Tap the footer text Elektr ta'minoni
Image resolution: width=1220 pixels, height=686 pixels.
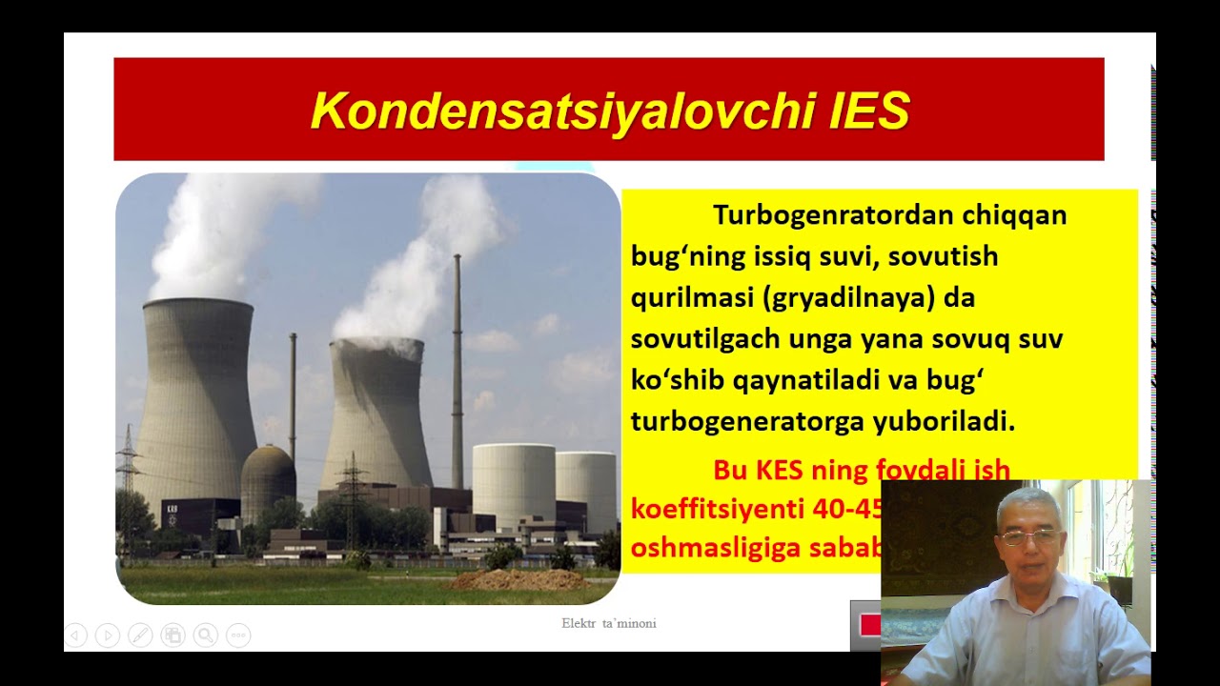(x=608, y=623)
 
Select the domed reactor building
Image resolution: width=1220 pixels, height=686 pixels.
(x=268, y=481)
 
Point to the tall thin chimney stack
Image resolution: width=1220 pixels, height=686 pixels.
(x=457, y=372)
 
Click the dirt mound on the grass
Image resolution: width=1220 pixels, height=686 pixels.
(x=516, y=579)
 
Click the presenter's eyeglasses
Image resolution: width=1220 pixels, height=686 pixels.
(x=1029, y=537)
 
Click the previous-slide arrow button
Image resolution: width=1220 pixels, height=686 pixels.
(x=76, y=635)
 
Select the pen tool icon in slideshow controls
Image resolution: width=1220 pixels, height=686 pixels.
(x=140, y=635)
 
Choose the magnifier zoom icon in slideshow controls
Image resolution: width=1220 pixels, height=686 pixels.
(x=205, y=635)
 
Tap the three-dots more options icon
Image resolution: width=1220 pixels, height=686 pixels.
(x=237, y=635)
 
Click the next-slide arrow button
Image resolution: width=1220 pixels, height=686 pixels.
(x=108, y=635)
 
